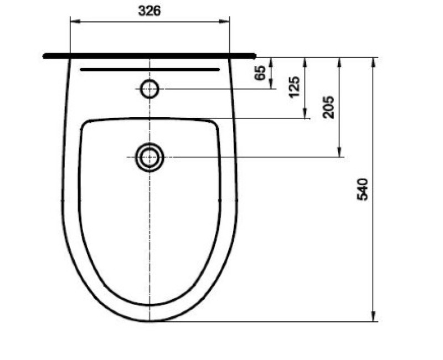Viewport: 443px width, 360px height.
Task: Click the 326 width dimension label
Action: click(x=150, y=12)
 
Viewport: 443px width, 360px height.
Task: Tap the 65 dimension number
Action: click(x=260, y=73)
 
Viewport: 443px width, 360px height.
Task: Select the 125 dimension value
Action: click(x=293, y=87)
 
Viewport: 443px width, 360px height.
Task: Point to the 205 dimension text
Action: click(x=328, y=106)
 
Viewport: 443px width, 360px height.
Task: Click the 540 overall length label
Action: click(x=363, y=189)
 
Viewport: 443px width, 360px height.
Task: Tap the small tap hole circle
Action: click(x=150, y=89)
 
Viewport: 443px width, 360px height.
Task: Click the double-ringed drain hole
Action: click(x=150, y=157)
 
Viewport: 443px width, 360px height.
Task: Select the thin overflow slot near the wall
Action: click(x=150, y=70)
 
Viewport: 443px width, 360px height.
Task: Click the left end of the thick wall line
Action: click(x=44, y=55)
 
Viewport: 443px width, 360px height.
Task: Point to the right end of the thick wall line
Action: click(x=255, y=55)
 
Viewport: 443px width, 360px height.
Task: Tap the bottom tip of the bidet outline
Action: click(x=150, y=321)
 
